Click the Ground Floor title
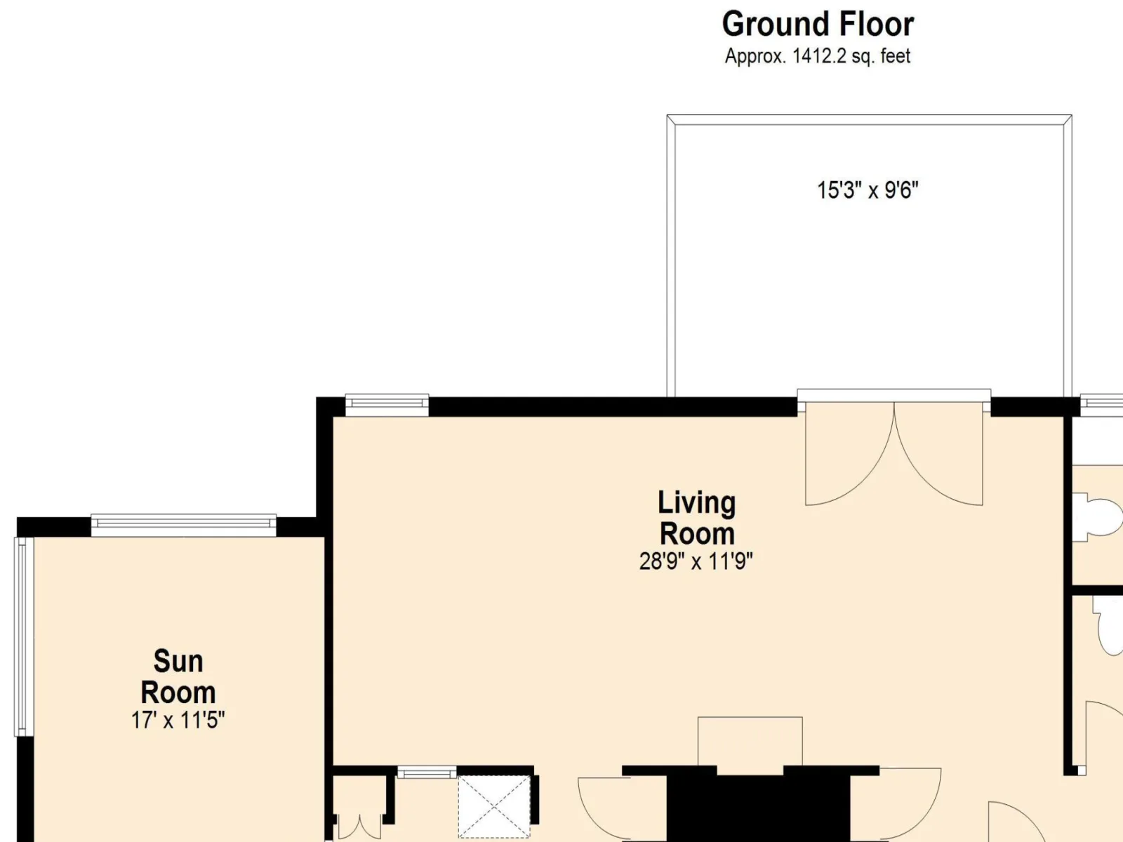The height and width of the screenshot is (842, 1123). click(818, 24)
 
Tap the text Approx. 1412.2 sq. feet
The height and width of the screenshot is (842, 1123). click(818, 55)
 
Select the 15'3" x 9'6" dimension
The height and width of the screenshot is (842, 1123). click(868, 190)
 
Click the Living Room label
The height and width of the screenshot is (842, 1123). click(697, 518)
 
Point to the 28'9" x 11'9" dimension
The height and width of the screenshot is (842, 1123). click(696, 561)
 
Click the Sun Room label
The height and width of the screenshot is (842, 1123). click(178, 677)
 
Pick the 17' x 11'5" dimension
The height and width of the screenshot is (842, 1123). click(178, 721)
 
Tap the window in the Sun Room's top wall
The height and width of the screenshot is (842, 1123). click(184, 525)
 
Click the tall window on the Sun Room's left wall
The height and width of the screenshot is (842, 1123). click(23, 636)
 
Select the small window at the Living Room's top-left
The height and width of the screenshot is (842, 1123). click(387, 405)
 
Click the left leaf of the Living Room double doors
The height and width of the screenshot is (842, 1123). click(849, 454)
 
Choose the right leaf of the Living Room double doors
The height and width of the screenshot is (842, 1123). click(939, 454)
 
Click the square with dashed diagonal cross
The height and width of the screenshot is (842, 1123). click(493, 807)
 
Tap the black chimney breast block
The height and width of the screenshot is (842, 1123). click(758, 808)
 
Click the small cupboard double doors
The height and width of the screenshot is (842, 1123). click(359, 826)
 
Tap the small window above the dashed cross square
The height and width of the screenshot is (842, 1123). click(427, 772)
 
